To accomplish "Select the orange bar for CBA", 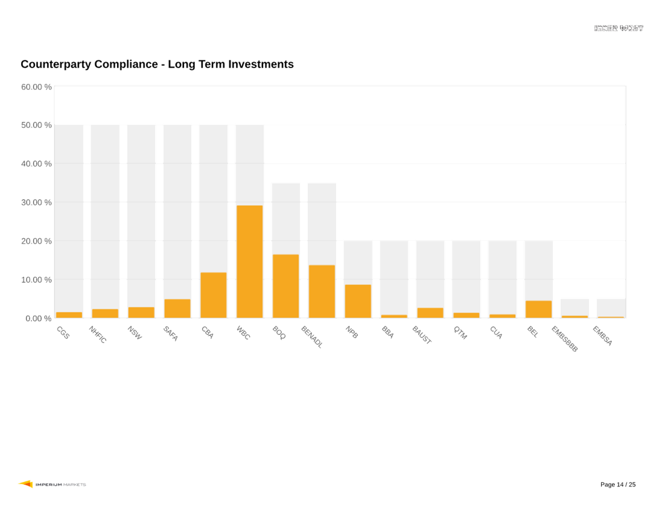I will coord(213,295).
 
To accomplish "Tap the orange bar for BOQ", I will coord(285,286).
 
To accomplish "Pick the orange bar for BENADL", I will coord(322,291).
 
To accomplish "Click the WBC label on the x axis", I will coord(243,332).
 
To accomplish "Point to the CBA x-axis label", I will coord(207,332).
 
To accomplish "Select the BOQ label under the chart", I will coord(279,332).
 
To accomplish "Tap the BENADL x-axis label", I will coord(311,337).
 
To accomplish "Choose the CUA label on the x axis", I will coord(496,332).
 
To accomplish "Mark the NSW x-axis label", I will coord(135,333).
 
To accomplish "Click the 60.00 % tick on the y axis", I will coord(36,87).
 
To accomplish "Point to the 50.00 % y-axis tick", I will coord(36,125).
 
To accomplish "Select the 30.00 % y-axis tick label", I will coord(36,203).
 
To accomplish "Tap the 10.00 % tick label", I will coord(36,280).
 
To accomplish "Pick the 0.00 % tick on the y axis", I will coord(39,318).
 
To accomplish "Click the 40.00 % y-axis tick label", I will coord(36,164).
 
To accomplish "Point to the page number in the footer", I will coord(618,485).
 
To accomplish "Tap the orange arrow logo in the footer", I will coord(25,484).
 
